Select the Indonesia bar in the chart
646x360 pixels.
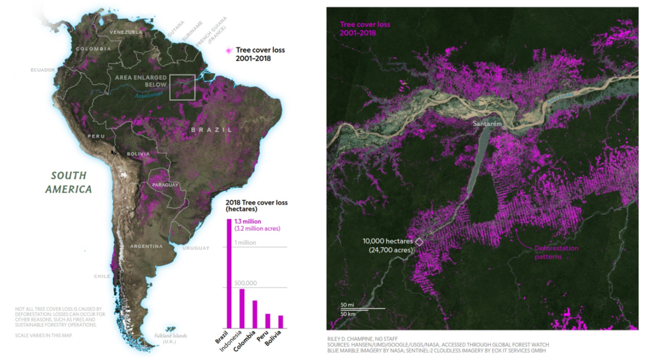(242, 308)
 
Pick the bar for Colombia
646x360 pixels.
(255, 314)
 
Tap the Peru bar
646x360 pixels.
(267, 321)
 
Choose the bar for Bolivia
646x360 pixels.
(281, 322)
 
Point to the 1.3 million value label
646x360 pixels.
(248, 221)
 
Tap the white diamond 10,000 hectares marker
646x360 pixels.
(418, 241)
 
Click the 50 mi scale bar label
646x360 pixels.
(348, 305)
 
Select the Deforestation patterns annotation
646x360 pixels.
(556, 252)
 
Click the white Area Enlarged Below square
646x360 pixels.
(182, 87)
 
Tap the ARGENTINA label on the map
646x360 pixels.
(146, 246)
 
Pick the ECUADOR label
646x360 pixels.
(43, 69)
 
